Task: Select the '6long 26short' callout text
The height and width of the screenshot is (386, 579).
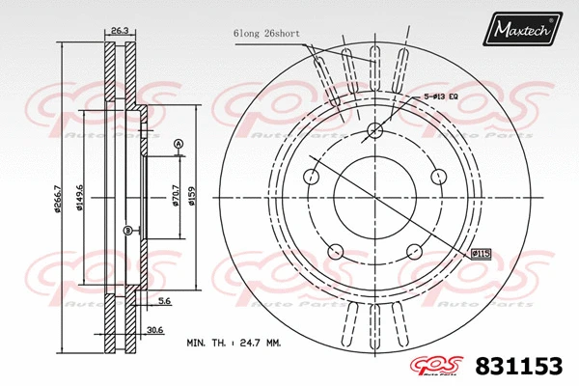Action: coord(265,33)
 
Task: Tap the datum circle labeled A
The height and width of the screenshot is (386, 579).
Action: coord(178,145)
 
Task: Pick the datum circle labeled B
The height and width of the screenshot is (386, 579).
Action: coord(127,230)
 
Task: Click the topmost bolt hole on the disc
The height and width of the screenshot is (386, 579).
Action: coord(374,131)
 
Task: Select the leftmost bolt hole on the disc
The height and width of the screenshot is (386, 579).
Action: coord(311,177)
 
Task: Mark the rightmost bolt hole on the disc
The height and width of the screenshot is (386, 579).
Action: coord(438,177)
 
